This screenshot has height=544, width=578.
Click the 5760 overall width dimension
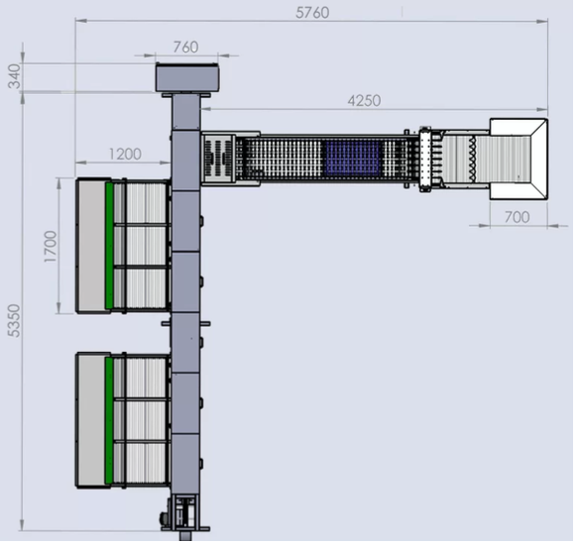[x=312, y=13]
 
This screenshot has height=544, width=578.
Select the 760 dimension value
[x=185, y=48]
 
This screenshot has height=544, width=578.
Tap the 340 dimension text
[x=15, y=76]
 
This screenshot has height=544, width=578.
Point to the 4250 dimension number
[x=364, y=100]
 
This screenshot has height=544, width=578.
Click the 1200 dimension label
[x=125, y=154]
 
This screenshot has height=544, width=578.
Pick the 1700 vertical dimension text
[x=51, y=247]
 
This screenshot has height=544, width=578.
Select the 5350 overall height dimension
[x=14, y=320]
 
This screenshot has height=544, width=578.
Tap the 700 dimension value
[x=517, y=217]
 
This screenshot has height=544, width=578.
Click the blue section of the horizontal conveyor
[x=353, y=158]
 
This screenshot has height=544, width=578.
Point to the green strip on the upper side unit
[x=109, y=246]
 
